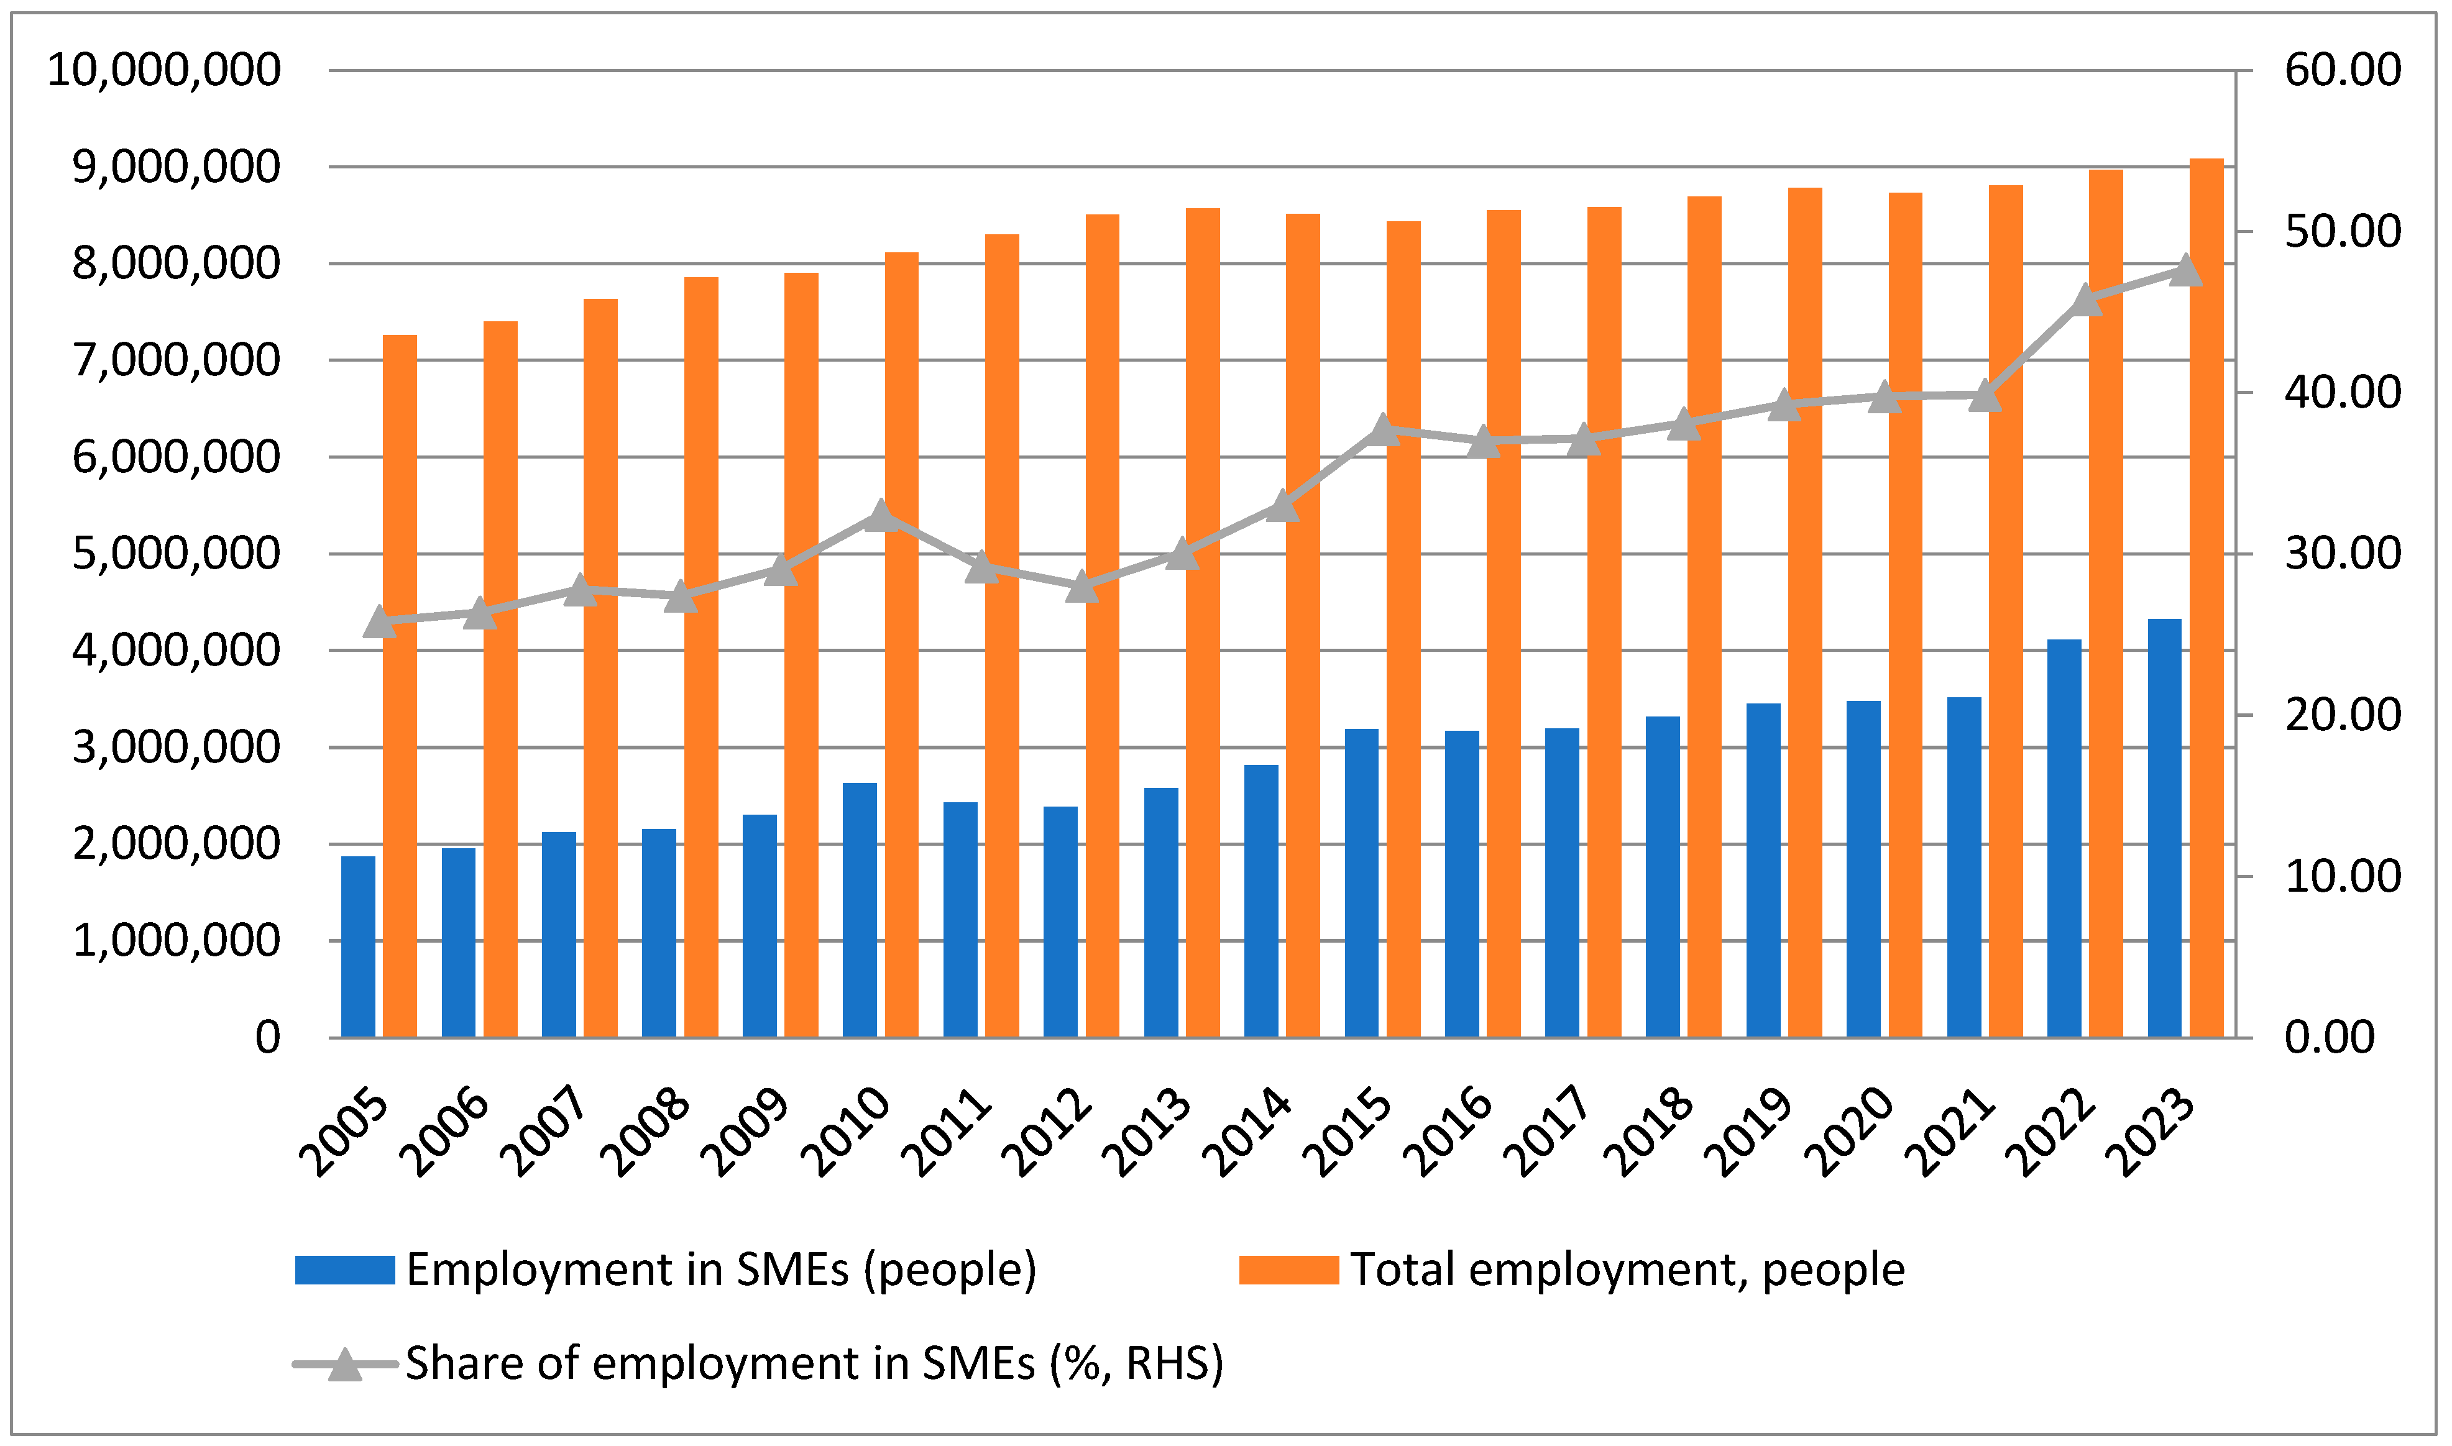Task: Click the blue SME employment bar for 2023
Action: (2164, 828)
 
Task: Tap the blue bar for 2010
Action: (860, 910)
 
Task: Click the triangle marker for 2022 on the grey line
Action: (2085, 300)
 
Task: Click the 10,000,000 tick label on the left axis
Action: (163, 70)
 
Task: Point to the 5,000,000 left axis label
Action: (175, 554)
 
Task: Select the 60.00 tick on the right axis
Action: (2343, 70)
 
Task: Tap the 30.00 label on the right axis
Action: (2343, 554)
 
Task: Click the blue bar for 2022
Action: (2064, 838)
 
